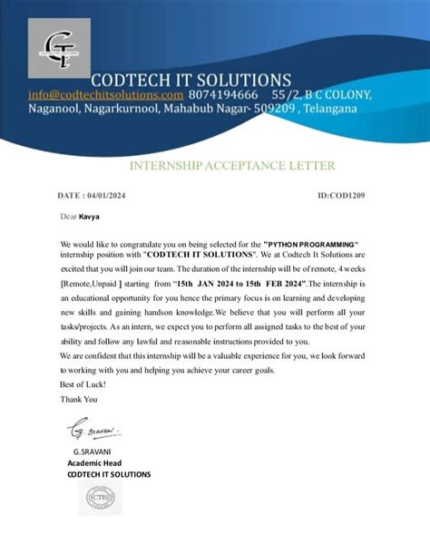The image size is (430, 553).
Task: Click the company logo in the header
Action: (x=63, y=50)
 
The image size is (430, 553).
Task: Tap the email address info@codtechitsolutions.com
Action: (x=105, y=94)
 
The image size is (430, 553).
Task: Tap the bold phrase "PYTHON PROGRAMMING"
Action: (x=311, y=246)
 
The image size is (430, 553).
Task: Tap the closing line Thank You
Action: (x=77, y=398)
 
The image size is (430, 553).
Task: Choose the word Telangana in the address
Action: (x=331, y=109)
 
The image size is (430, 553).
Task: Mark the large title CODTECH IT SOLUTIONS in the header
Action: (x=190, y=79)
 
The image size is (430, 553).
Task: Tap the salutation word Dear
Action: (x=69, y=218)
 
